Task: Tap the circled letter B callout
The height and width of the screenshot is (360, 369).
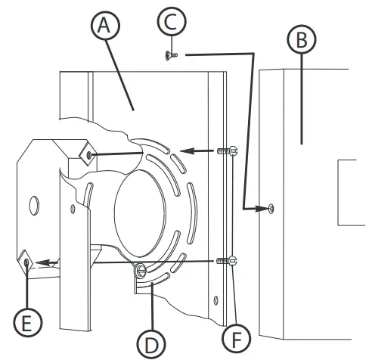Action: tap(301, 42)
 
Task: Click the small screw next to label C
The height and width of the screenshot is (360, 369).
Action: tap(169, 54)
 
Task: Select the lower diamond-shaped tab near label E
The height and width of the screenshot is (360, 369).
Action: tap(27, 262)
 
